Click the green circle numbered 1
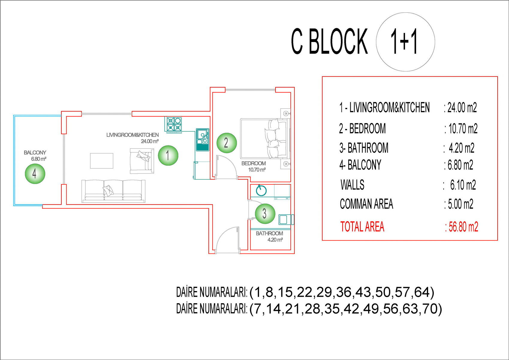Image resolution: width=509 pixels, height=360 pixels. pos(168,155)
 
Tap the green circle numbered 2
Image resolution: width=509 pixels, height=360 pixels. pos(227,143)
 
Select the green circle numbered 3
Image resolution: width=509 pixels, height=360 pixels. pos(265,213)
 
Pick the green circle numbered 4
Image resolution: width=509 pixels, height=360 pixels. pos(35,174)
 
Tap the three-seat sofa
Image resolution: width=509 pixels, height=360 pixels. pos(113,190)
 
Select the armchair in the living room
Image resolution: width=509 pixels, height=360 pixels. pos(141,160)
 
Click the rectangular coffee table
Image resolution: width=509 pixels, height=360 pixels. pos(102,161)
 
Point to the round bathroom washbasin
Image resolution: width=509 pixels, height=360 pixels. pos(261,190)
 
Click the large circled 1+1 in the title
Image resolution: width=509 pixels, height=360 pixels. pos(405,42)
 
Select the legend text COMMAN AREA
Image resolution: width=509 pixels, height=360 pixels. pos(366,204)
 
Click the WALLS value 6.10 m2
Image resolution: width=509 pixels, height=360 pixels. pos(463,185)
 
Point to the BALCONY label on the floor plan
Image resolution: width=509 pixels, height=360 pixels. pos(35,153)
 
